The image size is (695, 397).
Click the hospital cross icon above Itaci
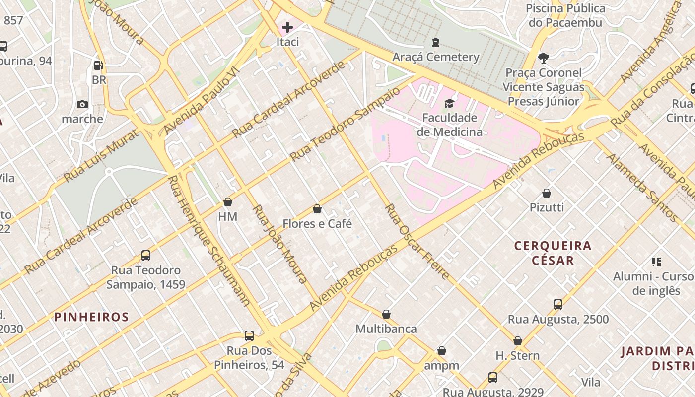click(287, 27)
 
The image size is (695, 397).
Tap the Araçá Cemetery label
click(436, 57)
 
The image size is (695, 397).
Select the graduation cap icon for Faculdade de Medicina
click(449, 103)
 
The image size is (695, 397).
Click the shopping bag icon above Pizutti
click(547, 193)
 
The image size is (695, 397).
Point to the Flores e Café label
click(317, 224)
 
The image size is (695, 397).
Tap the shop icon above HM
click(228, 202)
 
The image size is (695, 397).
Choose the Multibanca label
click(386, 329)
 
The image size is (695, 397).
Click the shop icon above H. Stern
click(518, 341)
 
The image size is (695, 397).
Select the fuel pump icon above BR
click(99, 65)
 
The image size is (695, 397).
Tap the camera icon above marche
click(82, 104)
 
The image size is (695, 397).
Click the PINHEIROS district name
click(91, 317)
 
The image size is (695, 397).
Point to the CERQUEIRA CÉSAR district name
click(553, 253)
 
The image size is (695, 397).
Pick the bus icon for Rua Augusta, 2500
click(558, 304)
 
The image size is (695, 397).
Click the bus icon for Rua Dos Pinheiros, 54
click(249, 336)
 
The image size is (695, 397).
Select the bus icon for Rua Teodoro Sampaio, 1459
click(145, 256)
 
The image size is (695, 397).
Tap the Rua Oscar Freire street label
click(417, 242)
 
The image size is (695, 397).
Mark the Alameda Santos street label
click(641, 187)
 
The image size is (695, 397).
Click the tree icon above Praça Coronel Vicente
click(544, 58)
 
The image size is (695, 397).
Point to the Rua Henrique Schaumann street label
click(208, 240)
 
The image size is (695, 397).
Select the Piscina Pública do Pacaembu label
click(565, 15)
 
